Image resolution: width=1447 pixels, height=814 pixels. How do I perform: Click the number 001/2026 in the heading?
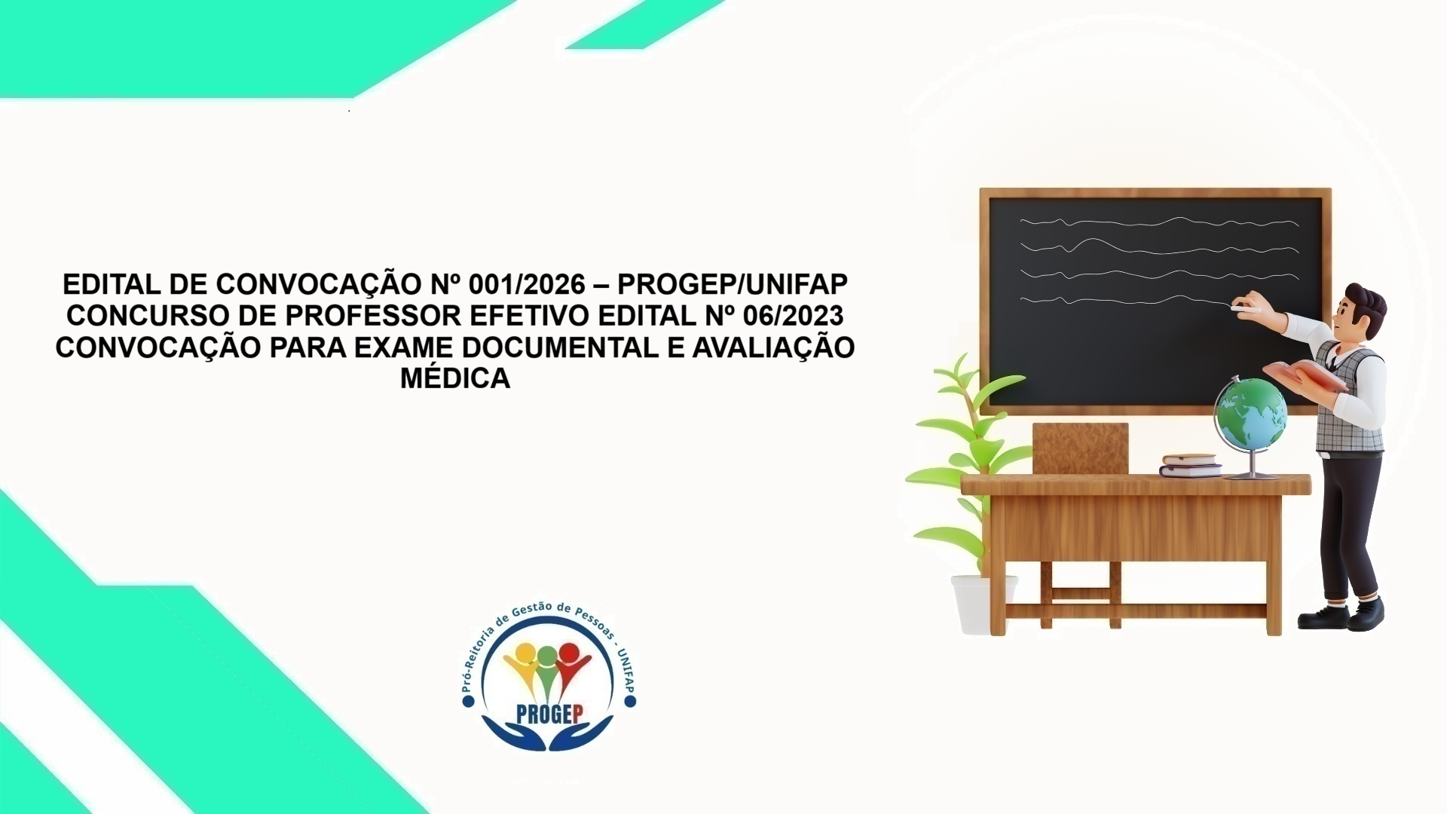tap(526, 285)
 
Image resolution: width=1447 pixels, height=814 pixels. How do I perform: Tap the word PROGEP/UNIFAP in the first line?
tap(733, 285)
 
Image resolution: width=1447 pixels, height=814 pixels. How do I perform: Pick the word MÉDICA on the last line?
tap(455, 378)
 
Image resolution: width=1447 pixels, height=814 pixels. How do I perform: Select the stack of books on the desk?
tap(1190, 465)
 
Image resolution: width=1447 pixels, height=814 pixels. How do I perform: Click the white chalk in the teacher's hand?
tap(1245, 308)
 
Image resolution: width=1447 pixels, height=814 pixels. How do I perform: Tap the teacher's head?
tap(1360, 311)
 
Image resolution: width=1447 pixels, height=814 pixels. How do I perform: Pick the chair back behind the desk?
tap(1080, 448)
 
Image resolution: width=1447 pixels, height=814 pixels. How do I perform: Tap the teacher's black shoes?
tap(1341, 614)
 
